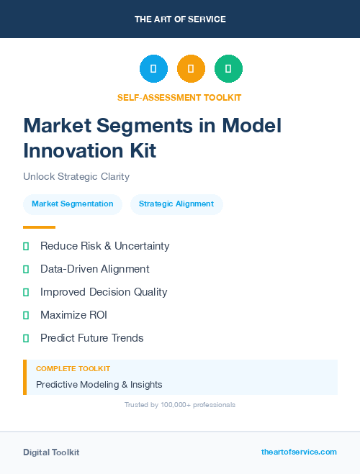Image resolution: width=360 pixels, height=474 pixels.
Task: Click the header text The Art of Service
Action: pyautogui.click(x=180, y=19)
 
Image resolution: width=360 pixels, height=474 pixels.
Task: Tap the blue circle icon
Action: pyautogui.click(x=153, y=69)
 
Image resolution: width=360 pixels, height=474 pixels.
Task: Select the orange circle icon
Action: pyautogui.click(x=191, y=69)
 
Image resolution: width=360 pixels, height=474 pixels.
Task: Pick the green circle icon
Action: pyautogui.click(x=228, y=69)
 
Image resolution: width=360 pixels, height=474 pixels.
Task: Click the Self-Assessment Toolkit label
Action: pyautogui.click(x=179, y=97)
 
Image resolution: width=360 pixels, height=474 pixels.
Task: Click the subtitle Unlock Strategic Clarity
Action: pyautogui.click(x=76, y=176)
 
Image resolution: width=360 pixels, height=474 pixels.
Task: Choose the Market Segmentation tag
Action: pyautogui.click(x=73, y=204)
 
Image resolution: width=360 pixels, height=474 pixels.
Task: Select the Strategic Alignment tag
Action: pyautogui.click(x=176, y=204)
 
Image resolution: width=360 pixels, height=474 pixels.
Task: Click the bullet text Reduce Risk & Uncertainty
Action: pyautogui.click(x=105, y=246)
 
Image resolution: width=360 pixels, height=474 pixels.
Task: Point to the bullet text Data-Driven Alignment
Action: pyautogui.click(x=95, y=269)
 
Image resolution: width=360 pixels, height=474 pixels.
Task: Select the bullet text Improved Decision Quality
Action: pyautogui.click(x=104, y=292)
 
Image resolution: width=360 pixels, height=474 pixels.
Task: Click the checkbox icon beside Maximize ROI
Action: pyautogui.click(x=26, y=315)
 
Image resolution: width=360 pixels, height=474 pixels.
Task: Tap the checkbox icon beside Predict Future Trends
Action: pyautogui.click(x=26, y=338)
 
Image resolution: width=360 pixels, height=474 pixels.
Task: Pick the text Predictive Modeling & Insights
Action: pyautogui.click(x=99, y=384)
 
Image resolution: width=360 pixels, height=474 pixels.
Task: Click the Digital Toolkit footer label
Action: pyautogui.click(x=51, y=452)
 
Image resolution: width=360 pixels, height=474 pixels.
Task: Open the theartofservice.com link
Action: pyautogui.click(x=299, y=452)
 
